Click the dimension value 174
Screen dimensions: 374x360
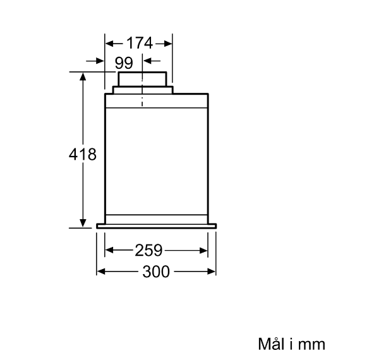(139, 44)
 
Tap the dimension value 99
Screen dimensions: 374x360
(124, 63)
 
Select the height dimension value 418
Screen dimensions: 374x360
(83, 154)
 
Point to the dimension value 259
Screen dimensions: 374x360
(148, 250)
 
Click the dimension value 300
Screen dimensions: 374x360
(156, 272)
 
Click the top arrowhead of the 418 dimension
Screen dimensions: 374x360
(83, 76)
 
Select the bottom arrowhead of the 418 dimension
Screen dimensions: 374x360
(83, 223)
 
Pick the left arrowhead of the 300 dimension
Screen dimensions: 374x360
(101, 272)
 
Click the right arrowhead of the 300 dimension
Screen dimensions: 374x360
(212, 272)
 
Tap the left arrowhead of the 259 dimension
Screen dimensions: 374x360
(109, 250)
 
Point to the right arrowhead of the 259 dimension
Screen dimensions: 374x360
(203, 250)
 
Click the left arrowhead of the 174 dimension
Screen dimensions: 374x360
(109, 44)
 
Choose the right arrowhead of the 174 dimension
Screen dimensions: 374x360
(168, 44)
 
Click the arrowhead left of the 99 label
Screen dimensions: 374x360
(100, 61)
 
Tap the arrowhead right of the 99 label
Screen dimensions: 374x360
(147, 61)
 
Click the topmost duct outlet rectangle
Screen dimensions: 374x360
(142, 79)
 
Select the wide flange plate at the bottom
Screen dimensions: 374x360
(157, 226)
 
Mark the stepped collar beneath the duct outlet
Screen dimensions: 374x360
(143, 90)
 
